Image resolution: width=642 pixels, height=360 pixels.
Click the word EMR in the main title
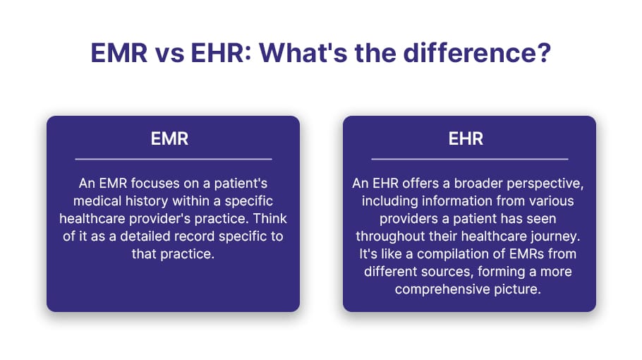point(119,53)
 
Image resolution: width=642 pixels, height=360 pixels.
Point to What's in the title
point(303,53)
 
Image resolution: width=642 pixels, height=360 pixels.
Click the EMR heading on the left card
point(169,139)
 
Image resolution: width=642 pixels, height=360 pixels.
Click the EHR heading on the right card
point(466,139)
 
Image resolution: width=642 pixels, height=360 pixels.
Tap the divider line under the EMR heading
point(174,159)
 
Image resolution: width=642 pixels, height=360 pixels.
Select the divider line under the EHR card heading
point(470,159)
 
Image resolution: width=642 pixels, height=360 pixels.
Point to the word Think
point(269,218)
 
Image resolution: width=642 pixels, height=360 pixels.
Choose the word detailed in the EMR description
point(145,236)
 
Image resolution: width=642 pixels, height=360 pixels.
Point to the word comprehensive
point(442,289)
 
